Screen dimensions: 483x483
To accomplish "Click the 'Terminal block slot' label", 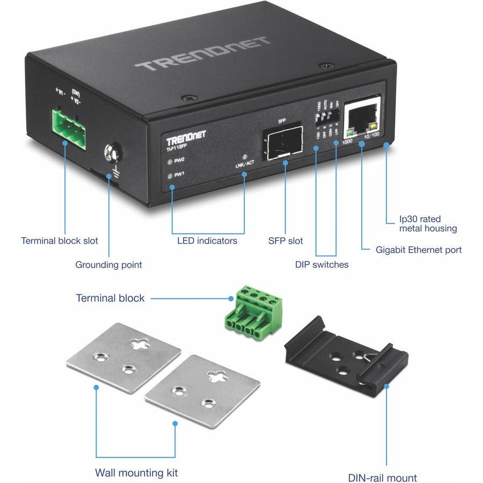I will click(60, 241).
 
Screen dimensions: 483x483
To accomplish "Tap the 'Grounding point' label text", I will click(108, 265).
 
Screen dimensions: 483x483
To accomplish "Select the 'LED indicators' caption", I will click(207, 241).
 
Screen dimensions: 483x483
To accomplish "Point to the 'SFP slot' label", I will click(285, 241).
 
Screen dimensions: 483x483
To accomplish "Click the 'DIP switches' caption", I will click(321, 264).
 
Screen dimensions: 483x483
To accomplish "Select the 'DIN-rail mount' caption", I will click(382, 477).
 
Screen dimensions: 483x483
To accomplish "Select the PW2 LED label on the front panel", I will click(178, 160).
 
